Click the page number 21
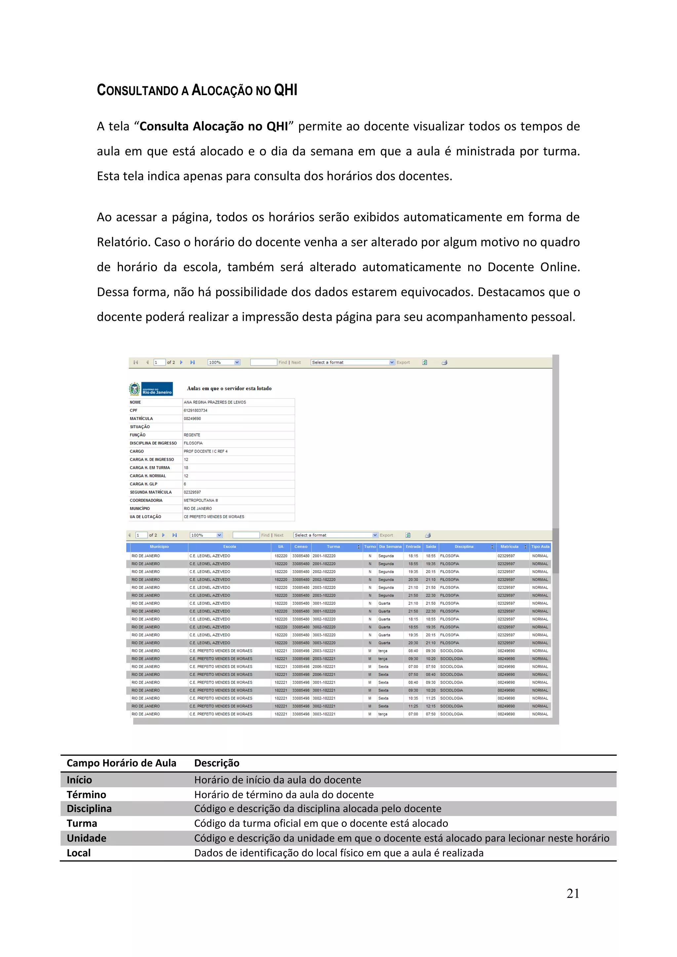pyautogui.click(x=573, y=893)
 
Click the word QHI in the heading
pyautogui.click(x=286, y=90)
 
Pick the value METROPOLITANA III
pyautogui.click(x=201, y=500)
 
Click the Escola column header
pyautogui.click(x=229, y=547)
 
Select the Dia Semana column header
pyautogui.click(x=390, y=547)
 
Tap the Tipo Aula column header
pyautogui.click(x=540, y=547)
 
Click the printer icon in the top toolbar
pyautogui.click(x=444, y=363)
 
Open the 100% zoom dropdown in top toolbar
pyautogui.click(x=224, y=363)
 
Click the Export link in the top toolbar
pyautogui.click(x=403, y=363)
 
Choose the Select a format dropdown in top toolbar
pyautogui.click(x=352, y=363)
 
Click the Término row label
pyautogui.click(x=86, y=794)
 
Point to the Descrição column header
pyautogui.click(x=217, y=763)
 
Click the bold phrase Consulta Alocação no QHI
pyautogui.click(x=214, y=126)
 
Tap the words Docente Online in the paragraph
pyautogui.click(x=534, y=267)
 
